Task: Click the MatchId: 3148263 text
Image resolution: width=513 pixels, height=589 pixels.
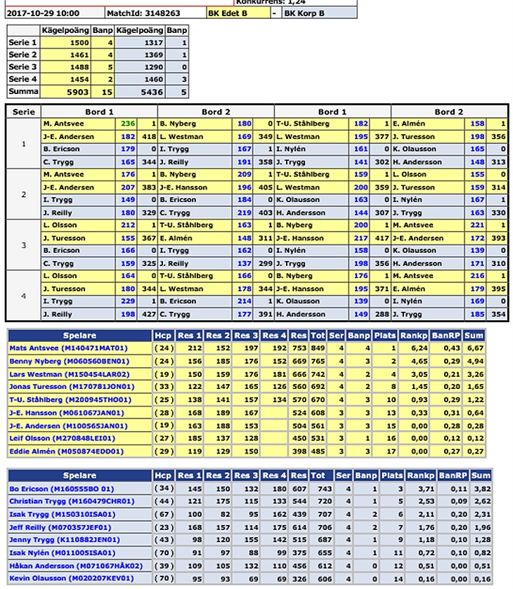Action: click(x=144, y=13)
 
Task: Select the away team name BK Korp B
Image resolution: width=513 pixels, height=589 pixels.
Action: click(x=304, y=13)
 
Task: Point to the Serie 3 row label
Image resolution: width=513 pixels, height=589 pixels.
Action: click(x=20, y=67)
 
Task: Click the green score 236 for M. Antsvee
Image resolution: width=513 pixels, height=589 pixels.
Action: click(x=127, y=124)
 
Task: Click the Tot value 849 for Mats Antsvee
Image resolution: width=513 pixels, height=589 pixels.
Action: click(x=318, y=348)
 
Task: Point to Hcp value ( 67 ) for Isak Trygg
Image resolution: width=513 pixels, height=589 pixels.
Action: click(x=163, y=515)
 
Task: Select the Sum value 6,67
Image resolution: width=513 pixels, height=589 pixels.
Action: click(x=481, y=348)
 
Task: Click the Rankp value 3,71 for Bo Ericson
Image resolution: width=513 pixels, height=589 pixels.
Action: click(x=419, y=489)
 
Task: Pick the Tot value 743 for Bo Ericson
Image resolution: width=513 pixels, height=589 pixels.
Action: click(x=318, y=489)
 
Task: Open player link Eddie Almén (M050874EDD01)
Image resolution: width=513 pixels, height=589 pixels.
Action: click(x=65, y=451)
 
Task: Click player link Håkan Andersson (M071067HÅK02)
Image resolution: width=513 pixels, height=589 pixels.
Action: click(x=76, y=566)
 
